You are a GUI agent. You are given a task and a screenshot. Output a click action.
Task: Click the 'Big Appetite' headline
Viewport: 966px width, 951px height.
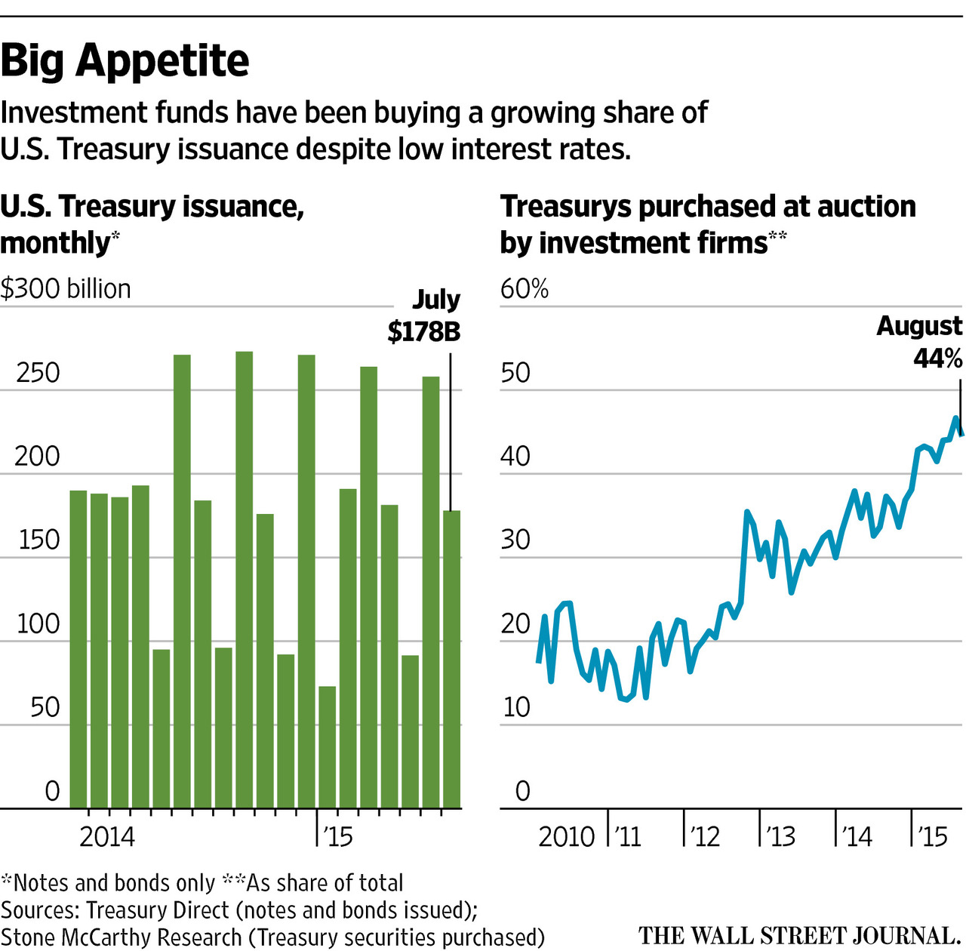(125, 60)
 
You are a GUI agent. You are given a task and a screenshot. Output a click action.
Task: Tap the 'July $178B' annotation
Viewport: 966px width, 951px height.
(425, 316)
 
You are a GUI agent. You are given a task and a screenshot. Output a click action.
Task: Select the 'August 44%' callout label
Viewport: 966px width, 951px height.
(919, 342)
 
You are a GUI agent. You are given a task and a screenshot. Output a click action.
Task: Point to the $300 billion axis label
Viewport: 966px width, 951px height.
(66, 289)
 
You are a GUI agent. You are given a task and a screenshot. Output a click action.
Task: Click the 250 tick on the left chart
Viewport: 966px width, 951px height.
(38, 373)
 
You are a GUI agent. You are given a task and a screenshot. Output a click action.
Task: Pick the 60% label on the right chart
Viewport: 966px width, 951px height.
(525, 289)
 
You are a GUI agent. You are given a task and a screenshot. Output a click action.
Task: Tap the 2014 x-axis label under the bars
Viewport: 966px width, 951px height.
(107, 836)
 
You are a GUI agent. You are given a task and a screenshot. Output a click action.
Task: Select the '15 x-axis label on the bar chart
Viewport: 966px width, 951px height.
(337, 836)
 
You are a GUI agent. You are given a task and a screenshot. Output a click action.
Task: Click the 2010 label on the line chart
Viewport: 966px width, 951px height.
(566, 836)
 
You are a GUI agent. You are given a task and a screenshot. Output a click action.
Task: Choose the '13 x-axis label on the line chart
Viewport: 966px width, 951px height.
(780, 836)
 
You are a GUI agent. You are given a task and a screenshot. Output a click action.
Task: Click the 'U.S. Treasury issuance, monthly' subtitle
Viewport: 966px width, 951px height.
(151, 224)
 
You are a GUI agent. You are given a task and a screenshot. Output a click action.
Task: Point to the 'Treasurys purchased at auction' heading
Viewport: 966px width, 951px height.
(708, 206)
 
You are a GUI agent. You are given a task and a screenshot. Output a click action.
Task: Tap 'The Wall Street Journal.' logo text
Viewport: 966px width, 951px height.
(798, 936)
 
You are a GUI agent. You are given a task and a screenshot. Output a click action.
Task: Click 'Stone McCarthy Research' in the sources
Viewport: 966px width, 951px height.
(121, 937)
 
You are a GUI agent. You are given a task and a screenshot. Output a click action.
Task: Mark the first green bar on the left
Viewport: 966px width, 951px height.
(78, 649)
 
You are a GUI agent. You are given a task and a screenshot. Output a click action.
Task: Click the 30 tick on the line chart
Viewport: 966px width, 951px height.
(516, 540)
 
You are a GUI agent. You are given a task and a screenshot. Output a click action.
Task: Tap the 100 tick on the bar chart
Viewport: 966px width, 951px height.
(38, 624)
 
